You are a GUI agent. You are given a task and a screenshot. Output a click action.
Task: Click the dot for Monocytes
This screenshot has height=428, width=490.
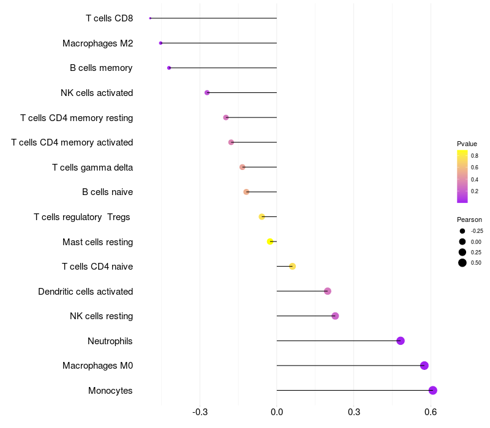click(432, 390)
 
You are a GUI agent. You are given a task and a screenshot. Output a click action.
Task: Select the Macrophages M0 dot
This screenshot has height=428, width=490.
click(424, 366)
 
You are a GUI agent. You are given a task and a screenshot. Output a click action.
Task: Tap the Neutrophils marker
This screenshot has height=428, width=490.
click(401, 341)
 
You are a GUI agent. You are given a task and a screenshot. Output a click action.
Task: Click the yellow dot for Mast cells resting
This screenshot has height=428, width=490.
click(270, 242)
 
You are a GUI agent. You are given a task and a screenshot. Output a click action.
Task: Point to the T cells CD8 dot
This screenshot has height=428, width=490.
click(150, 18)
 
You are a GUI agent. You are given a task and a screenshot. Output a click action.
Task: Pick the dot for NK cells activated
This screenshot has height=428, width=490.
click(207, 93)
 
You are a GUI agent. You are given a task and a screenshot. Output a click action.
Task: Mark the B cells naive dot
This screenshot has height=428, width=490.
click(246, 192)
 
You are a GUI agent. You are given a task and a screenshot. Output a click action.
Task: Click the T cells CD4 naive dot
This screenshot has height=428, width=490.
click(292, 267)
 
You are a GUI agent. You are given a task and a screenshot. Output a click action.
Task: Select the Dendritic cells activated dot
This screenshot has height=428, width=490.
click(328, 291)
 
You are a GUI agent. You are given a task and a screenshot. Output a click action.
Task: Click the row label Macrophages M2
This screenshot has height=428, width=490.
click(98, 43)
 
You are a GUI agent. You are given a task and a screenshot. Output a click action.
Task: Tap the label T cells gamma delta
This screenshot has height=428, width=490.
click(92, 168)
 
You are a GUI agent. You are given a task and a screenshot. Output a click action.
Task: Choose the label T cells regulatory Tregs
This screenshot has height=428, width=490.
click(82, 217)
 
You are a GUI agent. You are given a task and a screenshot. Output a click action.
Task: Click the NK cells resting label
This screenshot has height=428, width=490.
click(102, 316)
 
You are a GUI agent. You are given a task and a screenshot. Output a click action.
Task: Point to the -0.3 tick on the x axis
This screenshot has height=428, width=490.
click(200, 412)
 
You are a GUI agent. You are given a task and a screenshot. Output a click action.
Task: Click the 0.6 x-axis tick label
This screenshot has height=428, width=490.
click(431, 412)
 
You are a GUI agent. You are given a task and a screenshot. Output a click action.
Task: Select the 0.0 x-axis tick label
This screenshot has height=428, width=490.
click(277, 412)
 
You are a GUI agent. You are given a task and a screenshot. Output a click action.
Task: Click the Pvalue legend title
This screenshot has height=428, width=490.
click(467, 144)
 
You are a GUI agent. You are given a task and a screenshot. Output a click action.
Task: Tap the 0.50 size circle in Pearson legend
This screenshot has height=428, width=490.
click(462, 263)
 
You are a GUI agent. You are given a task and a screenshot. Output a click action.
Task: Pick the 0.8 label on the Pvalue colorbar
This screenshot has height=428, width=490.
click(474, 156)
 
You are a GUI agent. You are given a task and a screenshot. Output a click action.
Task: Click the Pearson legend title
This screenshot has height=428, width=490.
click(469, 220)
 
